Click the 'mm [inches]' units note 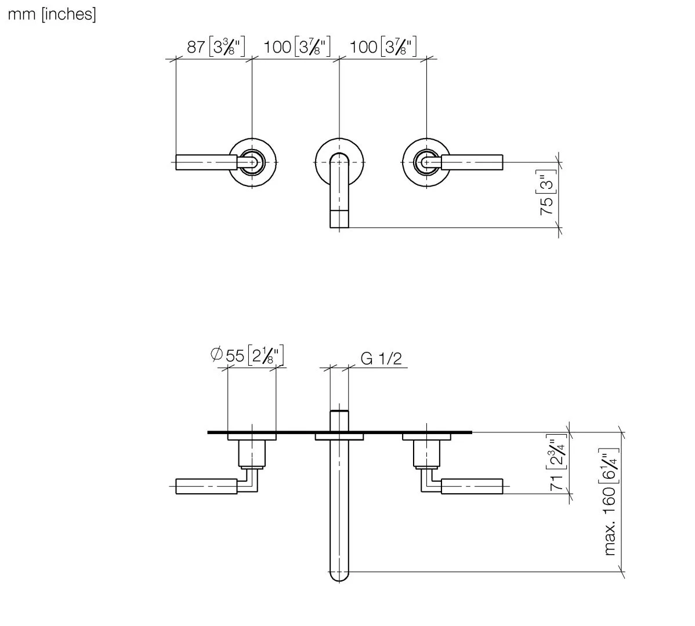52,14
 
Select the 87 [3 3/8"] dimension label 216,46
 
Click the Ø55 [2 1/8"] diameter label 248,355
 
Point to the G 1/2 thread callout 381,359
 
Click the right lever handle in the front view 472,162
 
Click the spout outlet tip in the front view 339,219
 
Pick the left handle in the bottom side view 205,486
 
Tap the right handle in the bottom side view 472,486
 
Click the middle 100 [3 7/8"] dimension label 296,46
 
